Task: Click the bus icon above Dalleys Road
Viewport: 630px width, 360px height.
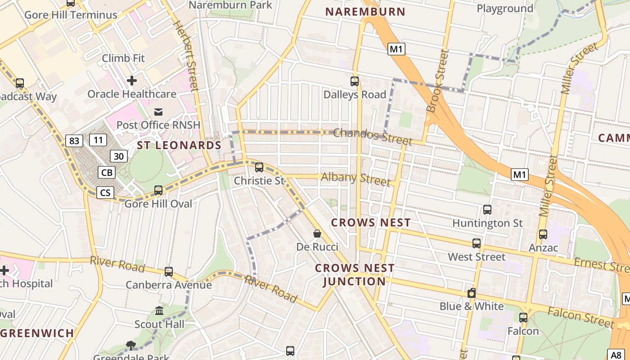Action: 355,81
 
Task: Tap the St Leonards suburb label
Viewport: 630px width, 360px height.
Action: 179,145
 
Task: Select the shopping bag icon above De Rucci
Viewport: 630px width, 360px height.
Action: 317,234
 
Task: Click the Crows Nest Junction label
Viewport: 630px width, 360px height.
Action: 355,275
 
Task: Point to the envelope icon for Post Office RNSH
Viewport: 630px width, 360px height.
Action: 158,112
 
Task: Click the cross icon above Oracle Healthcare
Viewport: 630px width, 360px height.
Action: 132,81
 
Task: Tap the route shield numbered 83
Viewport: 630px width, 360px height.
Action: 74,141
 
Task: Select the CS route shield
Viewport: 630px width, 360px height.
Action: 105,193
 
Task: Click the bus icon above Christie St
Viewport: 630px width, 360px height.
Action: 259,167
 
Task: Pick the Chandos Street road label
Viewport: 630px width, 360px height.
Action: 373,136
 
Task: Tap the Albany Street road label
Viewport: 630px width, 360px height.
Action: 355,179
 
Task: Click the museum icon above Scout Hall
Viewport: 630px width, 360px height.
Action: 159,310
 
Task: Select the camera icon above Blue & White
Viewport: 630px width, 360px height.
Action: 472,293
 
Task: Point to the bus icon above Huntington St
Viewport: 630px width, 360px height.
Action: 487,209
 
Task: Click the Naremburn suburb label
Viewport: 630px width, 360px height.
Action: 365,12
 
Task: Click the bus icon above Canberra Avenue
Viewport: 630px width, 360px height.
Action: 169,271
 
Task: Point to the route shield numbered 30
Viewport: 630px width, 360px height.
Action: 119,156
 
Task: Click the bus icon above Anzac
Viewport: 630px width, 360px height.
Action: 543,234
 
